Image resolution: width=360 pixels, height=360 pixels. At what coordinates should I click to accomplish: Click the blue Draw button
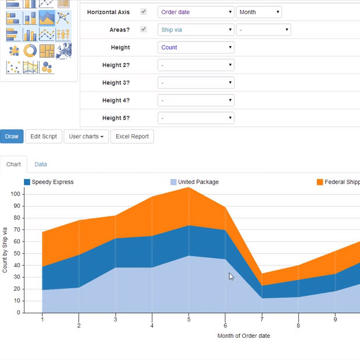12,136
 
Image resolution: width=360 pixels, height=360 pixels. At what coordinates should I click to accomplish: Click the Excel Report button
132,136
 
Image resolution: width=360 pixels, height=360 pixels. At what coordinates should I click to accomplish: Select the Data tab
41,165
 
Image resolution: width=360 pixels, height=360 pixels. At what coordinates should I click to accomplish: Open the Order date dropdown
196,12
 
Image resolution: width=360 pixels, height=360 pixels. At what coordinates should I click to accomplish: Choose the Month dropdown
259,12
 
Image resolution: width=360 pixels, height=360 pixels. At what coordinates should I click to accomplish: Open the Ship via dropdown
196,30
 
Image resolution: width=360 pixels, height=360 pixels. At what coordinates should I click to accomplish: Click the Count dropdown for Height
196,47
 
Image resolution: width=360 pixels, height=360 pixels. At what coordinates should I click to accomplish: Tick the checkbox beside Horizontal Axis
144,12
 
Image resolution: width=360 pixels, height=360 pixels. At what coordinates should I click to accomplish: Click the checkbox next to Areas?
144,29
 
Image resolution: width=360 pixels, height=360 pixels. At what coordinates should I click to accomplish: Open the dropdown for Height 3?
196,83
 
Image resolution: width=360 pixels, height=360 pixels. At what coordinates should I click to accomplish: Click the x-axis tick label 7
262,319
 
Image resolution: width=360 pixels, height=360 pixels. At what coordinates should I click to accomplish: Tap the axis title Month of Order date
243,335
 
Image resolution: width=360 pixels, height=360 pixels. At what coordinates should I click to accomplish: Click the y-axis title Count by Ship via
5,250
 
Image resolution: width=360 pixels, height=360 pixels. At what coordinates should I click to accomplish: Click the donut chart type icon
30,51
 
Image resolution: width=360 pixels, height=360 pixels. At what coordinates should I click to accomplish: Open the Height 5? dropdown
196,118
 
